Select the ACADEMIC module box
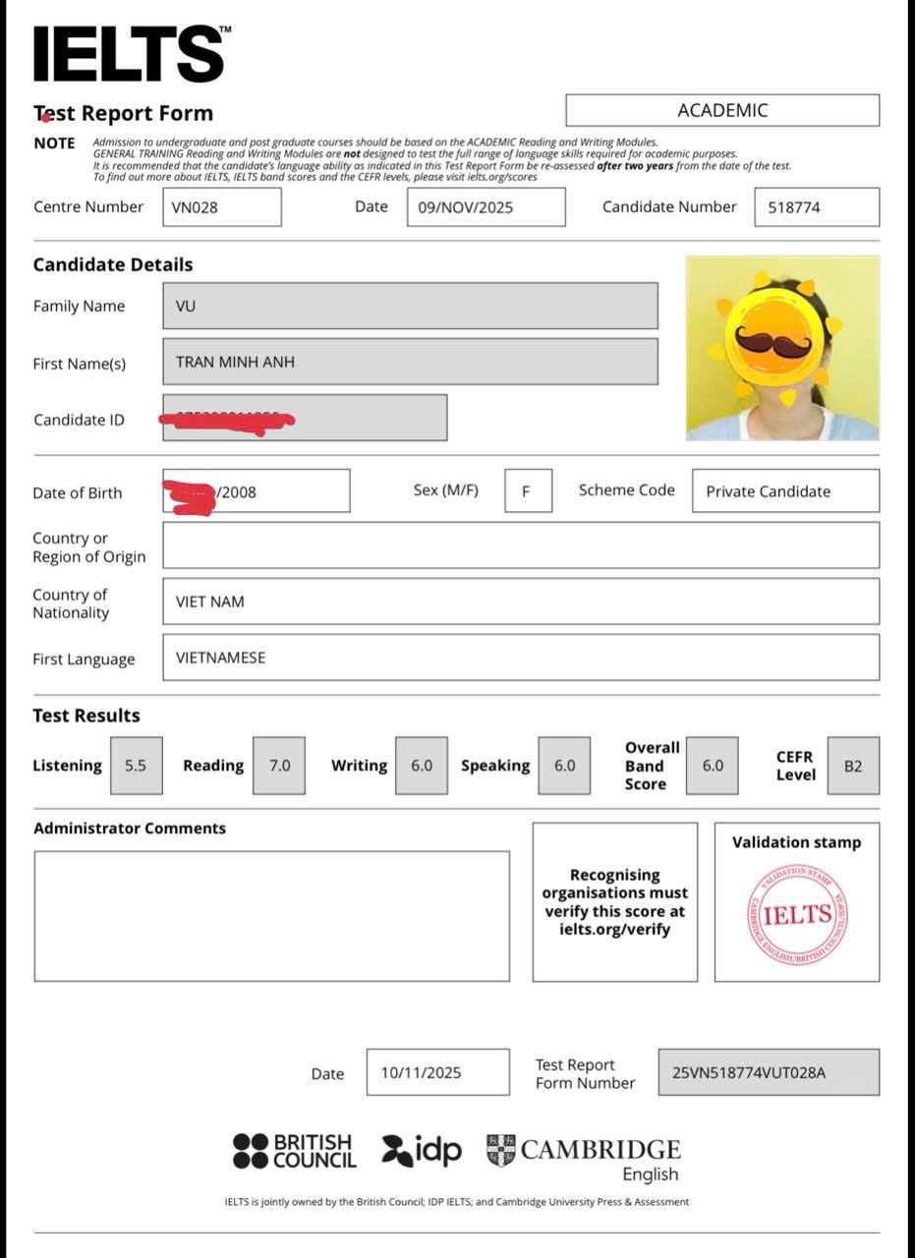click(722, 110)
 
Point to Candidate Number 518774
click(794, 207)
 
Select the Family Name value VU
click(186, 306)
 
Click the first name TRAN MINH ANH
click(235, 362)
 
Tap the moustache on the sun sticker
click(772, 342)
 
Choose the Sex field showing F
click(527, 491)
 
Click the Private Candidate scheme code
click(768, 491)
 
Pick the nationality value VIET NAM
click(209, 601)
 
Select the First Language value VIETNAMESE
click(220, 658)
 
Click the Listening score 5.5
click(136, 766)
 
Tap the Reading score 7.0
click(279, 766)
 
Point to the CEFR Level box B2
click(852, 766)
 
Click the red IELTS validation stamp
click(797, 915)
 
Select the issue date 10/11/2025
click(421, 1073)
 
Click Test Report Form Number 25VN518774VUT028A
click(749, 1073)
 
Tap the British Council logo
click(294, 1151)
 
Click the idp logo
click(422, 1150)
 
